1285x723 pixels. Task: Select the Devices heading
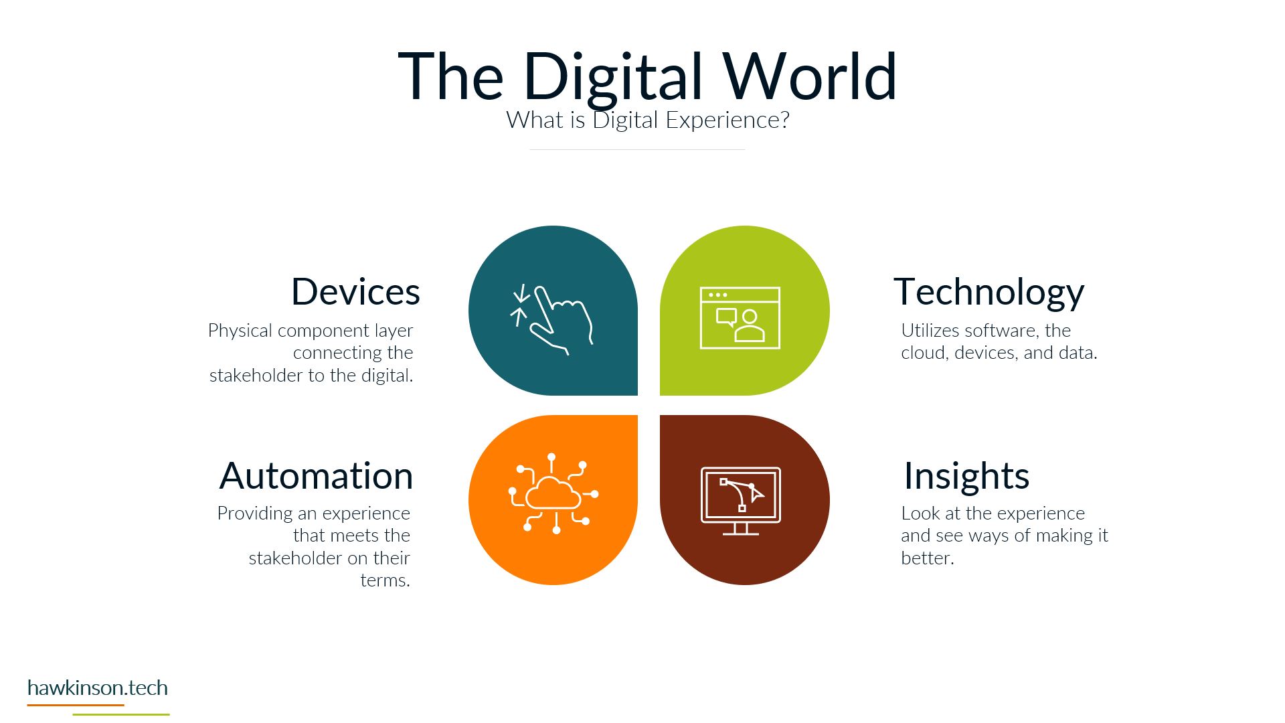point(355,292)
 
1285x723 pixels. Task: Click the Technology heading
point(989,293)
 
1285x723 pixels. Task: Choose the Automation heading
point(316,476)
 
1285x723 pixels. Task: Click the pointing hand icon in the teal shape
point(552,319)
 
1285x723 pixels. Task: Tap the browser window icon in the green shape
point(740,318)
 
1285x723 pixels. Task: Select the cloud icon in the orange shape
point(553,494)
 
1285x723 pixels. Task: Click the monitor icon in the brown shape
point(741,501)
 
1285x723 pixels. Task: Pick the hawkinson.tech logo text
point(98,688)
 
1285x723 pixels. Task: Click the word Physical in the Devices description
point(240,331)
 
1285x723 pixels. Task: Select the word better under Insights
point(927,558)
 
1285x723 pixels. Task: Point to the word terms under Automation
point(385,580)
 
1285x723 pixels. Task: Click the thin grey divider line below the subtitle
point(637,149)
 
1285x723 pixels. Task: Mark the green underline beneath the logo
point(121,714)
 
